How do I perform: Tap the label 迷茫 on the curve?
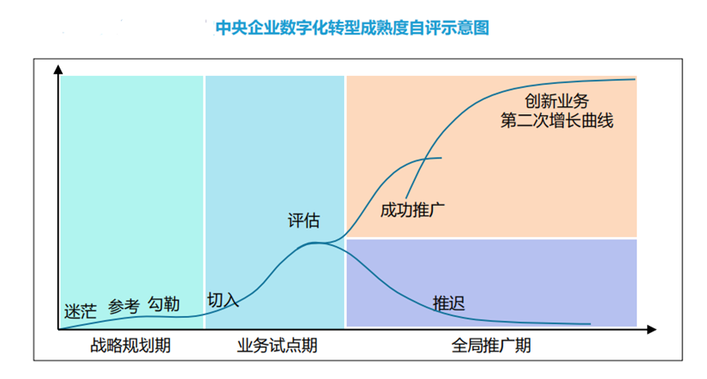coord(80,311)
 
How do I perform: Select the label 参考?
coord(123,307)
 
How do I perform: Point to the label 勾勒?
coord(163,304)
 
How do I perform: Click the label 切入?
coord(222,300)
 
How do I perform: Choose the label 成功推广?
coord(412,209)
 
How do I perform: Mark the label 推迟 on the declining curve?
coord(449,304)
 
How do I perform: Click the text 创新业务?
coord(557,101)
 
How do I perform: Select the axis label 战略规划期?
coord(131,346)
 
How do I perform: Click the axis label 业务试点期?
coord(276,346)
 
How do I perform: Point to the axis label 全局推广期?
coord(490,346)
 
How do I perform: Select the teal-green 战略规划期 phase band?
coord(131,188)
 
